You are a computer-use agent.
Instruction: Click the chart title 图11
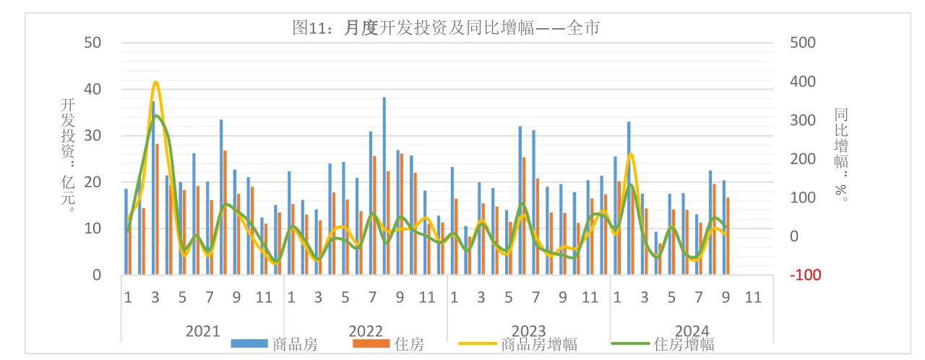pos(446,28)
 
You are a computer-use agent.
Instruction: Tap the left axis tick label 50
pos(92,43)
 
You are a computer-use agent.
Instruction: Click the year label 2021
pos(202,330)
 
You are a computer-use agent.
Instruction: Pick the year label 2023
pos(528,330)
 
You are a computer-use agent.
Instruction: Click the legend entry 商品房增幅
pos(538,344)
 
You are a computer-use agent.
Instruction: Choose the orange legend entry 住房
pos(409,344)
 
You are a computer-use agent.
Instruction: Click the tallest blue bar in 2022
pos(384,186)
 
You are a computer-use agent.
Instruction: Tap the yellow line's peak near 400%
pos(155,82)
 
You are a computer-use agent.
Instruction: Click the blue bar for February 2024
pos(629,198)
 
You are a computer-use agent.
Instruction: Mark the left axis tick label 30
pos(92,136)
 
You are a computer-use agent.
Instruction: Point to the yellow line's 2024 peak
pos(630,153)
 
